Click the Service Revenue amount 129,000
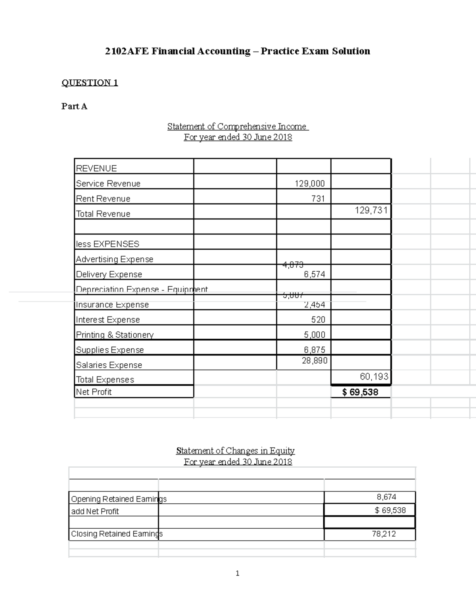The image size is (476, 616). point(309,183)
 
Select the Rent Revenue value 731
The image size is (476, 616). point(318,198)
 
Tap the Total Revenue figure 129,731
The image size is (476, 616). point(371,210)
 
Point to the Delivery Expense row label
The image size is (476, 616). point(109,274)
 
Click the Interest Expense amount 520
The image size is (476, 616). point(318,320)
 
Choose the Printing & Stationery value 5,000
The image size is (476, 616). point(315,335)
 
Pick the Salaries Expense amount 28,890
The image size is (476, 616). point(315,361)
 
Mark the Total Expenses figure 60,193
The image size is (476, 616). point(374,376)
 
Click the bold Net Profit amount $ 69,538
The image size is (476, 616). point(360,392)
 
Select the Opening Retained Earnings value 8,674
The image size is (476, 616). point(386,497)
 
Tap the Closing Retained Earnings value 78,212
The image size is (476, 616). point(384,534)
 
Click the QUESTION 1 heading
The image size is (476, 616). point(90,83)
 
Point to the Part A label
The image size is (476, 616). point(74,106)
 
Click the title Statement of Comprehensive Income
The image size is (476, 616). point(237,127)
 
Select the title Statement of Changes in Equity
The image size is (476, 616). point(235,451)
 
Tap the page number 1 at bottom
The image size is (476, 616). point(237,573)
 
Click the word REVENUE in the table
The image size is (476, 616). point(96,168)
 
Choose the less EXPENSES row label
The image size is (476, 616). point(107,244)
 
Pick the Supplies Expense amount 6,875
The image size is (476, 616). point(315,349)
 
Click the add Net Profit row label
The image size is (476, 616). point(95,511)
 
